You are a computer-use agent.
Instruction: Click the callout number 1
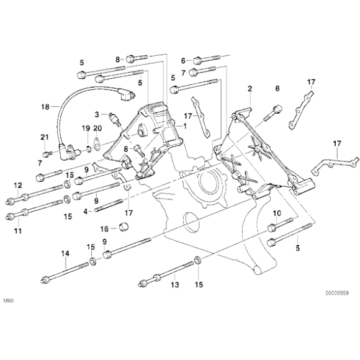point(184,125)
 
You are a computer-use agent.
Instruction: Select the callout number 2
point(250,89)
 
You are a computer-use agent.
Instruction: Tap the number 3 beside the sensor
point(97,114)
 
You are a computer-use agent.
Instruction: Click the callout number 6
point(183,60)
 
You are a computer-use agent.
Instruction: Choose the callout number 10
point(277,213)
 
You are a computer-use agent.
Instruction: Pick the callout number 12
point(17,186)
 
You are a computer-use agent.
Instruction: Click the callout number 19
point(86,128)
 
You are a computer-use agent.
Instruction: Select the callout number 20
point(97,128)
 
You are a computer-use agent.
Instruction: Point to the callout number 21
point(44,137)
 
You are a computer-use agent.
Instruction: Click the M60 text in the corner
point(8,301)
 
